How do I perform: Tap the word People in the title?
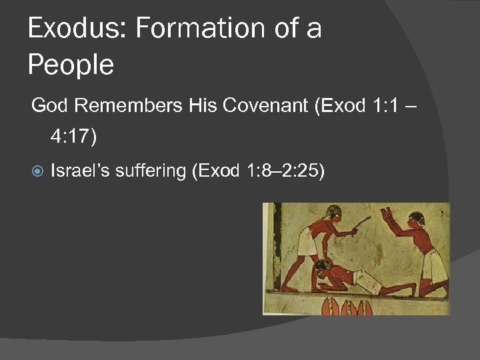pyautogui.click(x=71, y=66)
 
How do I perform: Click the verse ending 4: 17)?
pyautogui.click(x=73, y=137)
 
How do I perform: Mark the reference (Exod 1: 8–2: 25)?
pyautogui.click(x=258, y=171)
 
